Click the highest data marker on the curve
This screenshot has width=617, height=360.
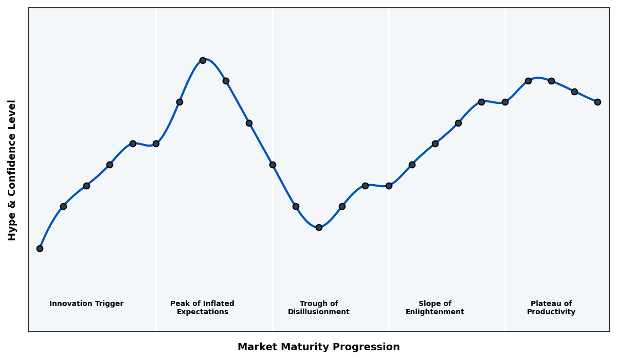[203, 60]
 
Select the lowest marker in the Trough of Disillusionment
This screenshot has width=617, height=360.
[319, 227]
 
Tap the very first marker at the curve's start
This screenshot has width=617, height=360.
[40, 248]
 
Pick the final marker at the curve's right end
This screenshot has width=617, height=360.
[597, 102]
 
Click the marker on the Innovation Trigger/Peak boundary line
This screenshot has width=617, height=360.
[156, 143]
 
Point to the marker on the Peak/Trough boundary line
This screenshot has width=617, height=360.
[273, 165]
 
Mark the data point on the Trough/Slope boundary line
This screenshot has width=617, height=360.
[389, 186]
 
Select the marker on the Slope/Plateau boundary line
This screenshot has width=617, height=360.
[505, 102]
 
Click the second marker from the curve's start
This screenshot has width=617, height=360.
[63, 206]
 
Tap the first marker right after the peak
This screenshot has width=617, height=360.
[226, 81]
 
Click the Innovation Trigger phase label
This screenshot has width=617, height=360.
[86, 304]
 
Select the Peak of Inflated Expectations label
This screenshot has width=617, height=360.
[202, 308]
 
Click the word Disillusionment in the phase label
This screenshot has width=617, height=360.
[319, 312]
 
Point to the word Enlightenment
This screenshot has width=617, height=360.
[435, 312]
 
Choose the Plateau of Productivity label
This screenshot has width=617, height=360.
[551, 308]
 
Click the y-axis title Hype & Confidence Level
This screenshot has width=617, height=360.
[12, 170]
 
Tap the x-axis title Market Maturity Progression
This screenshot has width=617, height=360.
[319, 347]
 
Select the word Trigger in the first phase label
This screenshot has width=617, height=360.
[108, 304]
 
